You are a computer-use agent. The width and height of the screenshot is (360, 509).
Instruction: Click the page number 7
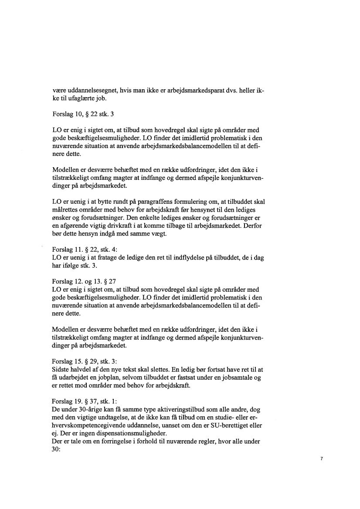click(x=321, y=458)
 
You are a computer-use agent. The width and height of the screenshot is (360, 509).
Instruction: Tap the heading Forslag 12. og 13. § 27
click(x=83, y=281)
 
